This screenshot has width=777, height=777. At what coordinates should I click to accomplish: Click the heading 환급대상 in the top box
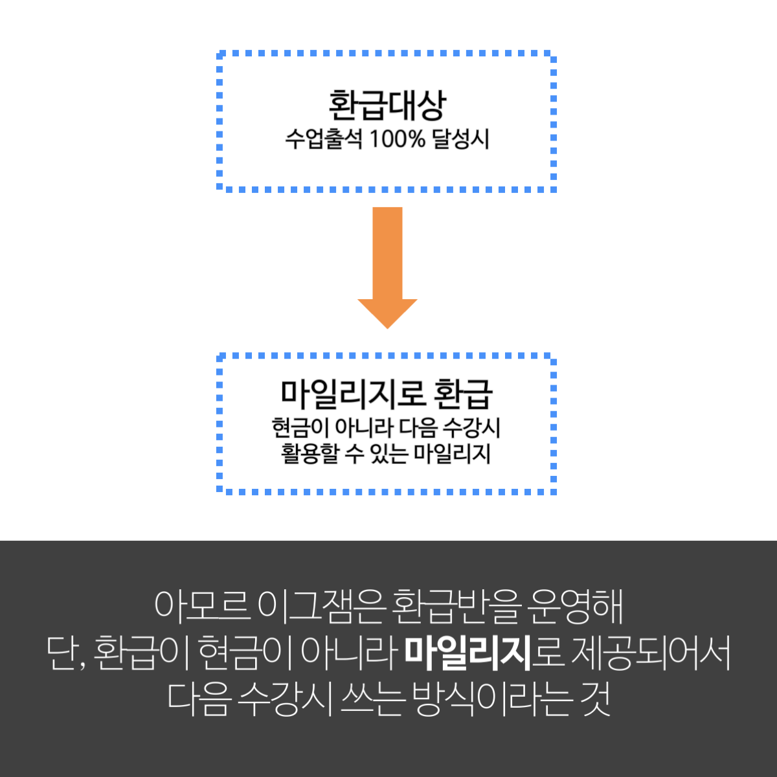(x=387, y=106)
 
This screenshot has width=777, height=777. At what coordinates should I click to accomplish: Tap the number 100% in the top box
(x=397, y=139)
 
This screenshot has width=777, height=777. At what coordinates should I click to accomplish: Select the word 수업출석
(x=324, y=139)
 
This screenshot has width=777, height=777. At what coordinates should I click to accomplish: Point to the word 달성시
(x=460, y=139)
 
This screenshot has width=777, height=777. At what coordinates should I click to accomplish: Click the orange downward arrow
(x=387, y=267)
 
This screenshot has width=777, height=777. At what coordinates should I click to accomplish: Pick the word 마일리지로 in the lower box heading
(x=354, y=393)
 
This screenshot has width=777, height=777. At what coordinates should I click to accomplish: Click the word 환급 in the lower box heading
(x=464, y=394)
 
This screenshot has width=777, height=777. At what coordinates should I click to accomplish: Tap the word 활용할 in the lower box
(x=309, y=454)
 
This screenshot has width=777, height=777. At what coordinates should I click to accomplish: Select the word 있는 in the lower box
(x=388, y=454)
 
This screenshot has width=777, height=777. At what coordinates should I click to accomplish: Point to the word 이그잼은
(x=319, y=606)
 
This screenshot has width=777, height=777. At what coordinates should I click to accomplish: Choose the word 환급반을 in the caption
(x=455, y=606)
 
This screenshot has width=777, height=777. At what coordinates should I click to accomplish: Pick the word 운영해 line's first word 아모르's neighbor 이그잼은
(x=319, y=606)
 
